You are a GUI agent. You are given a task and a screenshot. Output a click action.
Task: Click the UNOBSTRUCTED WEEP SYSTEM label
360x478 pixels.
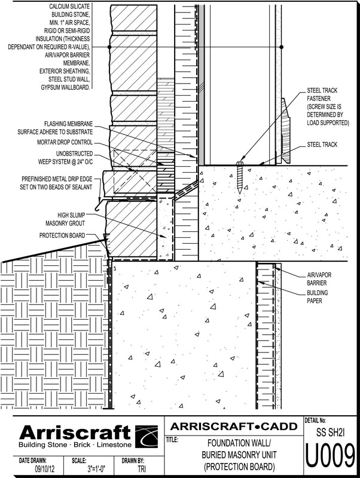pos(62,159)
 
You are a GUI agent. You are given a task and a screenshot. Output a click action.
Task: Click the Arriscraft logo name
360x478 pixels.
pos(74,433)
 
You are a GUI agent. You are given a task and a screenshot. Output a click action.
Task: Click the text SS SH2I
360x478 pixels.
pos(330,430)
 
